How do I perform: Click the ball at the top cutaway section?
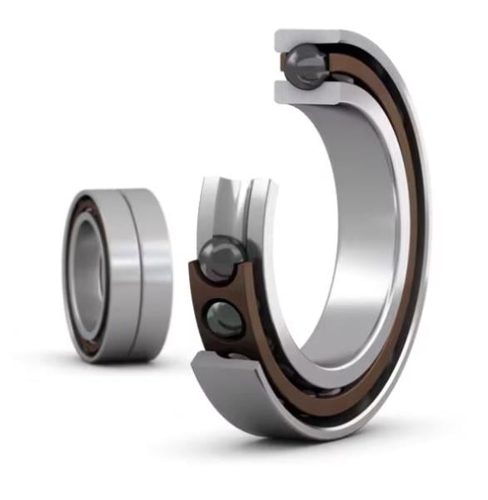point(306,64)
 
